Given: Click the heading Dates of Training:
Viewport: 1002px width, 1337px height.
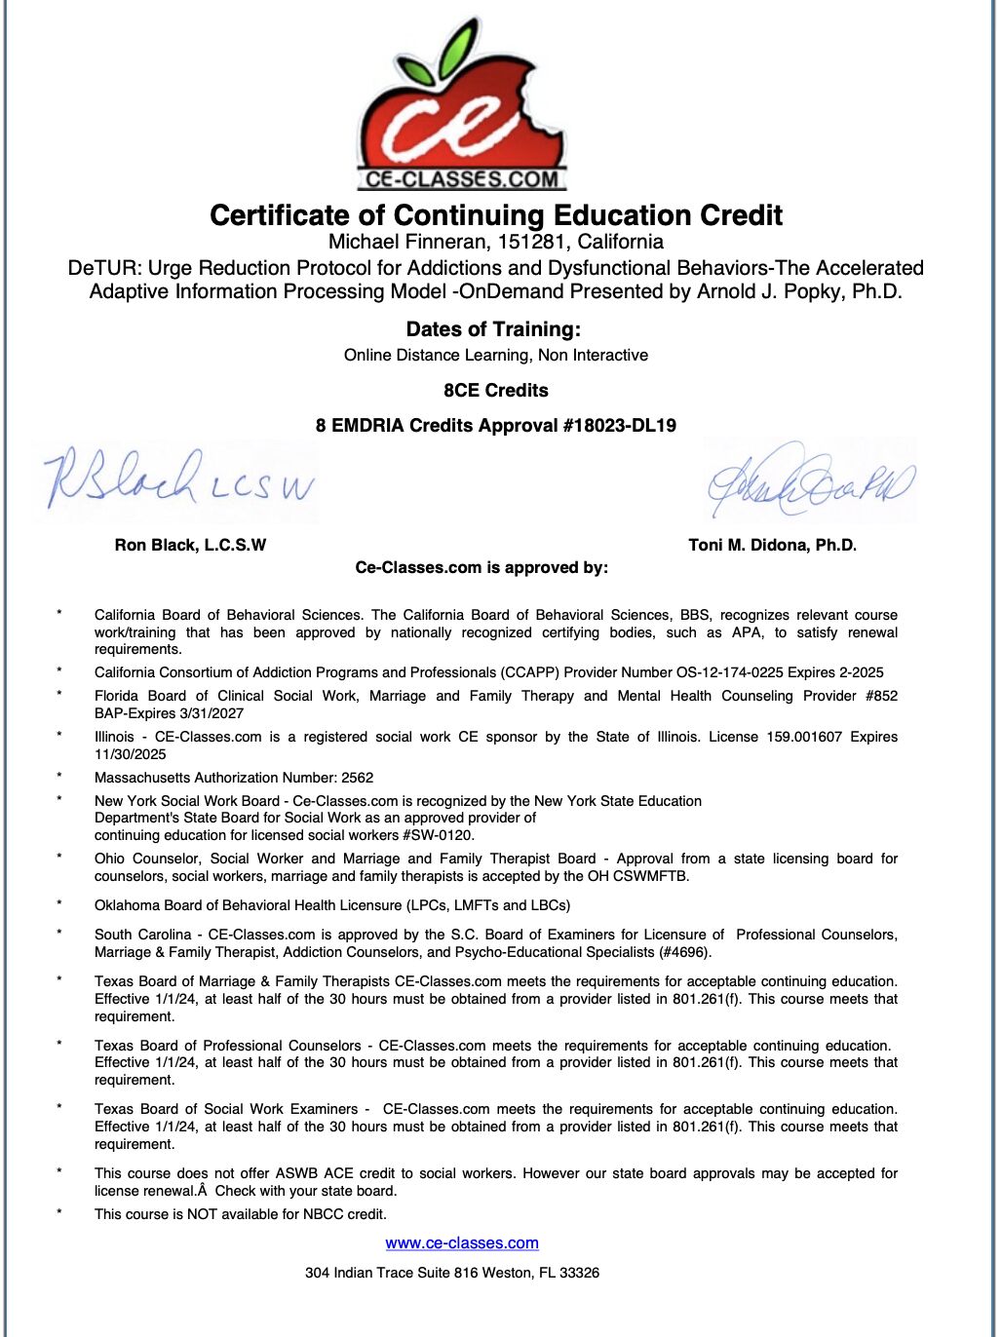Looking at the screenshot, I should point(493,329).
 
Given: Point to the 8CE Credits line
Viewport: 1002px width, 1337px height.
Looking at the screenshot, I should point(496,391).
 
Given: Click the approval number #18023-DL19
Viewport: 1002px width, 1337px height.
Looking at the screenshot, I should point(619,425).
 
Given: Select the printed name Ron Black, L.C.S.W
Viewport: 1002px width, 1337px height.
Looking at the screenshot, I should point(190,545).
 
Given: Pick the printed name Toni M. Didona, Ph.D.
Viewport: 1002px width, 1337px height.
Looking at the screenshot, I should point(772,545).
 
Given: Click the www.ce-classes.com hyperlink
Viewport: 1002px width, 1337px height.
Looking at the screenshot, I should point(462,1243).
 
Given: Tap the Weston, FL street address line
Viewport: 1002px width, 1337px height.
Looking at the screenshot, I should point(452,1273).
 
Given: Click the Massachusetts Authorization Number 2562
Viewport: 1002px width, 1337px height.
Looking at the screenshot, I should point(357,778).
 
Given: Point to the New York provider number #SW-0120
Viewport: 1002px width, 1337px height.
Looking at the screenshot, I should point(437,835).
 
